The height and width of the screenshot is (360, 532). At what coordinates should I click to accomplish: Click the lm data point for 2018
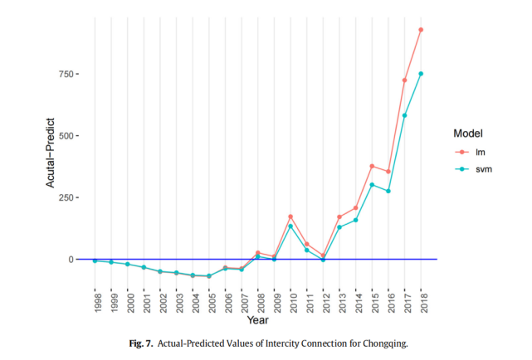click(x=421, y=30)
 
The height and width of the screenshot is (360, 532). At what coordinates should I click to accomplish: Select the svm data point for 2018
click(x=421, y=74)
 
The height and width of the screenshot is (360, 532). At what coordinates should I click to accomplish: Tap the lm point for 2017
click(x=404, y=80)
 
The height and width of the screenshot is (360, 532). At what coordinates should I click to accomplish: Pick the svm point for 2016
click(x=388, y=191)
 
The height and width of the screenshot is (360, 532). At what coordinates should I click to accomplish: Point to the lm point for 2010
click(x=290, y=216)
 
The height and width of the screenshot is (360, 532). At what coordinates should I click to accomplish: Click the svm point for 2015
click(x=372, y=185)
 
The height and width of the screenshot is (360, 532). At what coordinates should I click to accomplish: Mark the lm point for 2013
click(x=339, y=217)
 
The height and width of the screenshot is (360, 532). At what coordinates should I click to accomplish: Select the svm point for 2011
click(x=307, y=251)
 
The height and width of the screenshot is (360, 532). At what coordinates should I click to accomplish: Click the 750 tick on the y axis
click(x=66, y=74)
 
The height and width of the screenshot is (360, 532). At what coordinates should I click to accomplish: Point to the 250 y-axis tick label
click(x=66, y=197)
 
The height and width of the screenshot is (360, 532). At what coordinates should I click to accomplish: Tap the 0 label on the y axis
click(x=71, y=260)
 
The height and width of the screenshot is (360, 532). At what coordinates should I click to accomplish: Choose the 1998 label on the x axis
click(x=98, y=303)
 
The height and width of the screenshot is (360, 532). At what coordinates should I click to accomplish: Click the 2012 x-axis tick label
click(x=326, y=303)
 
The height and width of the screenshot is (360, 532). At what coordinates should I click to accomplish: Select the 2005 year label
click(x=212, y=303)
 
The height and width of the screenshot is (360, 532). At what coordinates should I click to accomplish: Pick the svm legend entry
click(x=474, y=169)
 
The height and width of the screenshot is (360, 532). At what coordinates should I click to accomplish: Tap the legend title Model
click(x=468, y=134)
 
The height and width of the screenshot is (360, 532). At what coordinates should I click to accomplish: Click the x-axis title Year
click(x=258, y=320)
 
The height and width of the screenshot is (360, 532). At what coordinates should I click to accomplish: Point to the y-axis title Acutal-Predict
click(x=51, y=153)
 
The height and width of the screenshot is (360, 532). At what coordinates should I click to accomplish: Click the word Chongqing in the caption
click(x=385, y=343)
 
